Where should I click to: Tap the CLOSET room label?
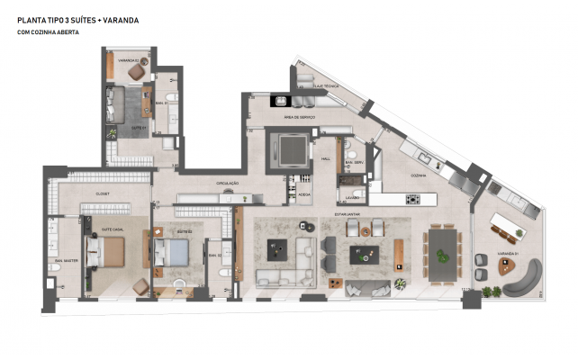pos(102,193)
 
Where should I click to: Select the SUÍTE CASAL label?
pos(110,230)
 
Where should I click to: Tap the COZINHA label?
pos(417,175)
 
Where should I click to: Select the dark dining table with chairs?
pos(443,249)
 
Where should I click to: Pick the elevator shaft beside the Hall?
pos(291,148)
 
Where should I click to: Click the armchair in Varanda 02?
pos(135,71)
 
